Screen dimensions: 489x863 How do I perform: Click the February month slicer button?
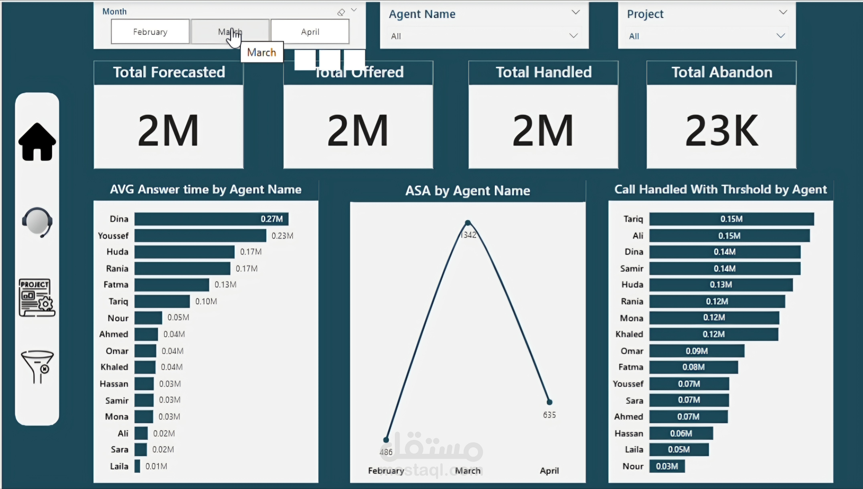pyautogui.click(x=150, y=32)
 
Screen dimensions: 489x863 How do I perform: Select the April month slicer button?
pyautogui.click(x=310, y=32)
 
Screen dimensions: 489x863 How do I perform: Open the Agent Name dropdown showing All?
pyautogui.click(x=484, y=36)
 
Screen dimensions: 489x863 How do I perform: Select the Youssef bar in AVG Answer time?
pyautogui.click(x=200, y=236)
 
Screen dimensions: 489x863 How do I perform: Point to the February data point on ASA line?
pyautogui.click(x=386, y=440)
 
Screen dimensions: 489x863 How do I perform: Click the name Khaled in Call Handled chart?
pyautogui.click(x=629, y=334)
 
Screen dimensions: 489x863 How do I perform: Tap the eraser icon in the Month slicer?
pyautogui.click(x=341, y=12)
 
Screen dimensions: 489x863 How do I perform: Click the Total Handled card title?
pyautogui.click(x=543, y=72)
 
